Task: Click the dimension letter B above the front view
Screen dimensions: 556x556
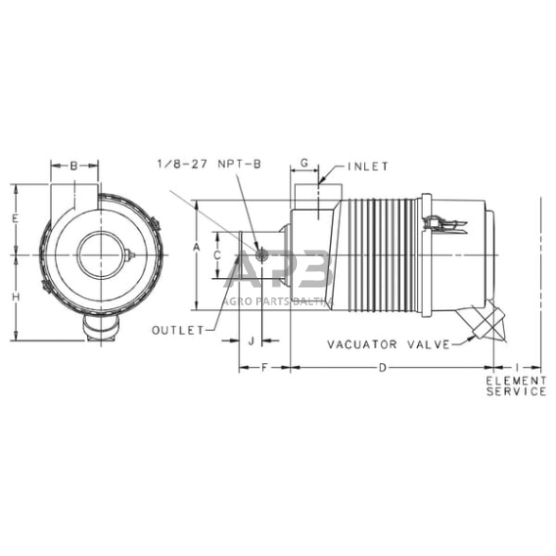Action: pos(75,165)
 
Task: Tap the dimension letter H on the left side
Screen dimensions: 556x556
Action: pos(17,297)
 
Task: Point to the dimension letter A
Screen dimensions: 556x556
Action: pos(196,247)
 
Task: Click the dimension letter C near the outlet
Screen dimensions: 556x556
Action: pos(217,255)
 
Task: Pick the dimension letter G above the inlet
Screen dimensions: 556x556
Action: pos(304,165)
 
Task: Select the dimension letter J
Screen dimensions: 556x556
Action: pos(252,339)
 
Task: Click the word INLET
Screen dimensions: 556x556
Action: pos(367,166)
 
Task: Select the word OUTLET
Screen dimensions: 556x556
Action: pos(178,329)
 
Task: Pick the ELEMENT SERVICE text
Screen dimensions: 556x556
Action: pos(516,385)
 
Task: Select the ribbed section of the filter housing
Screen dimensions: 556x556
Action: pos(385,256)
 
